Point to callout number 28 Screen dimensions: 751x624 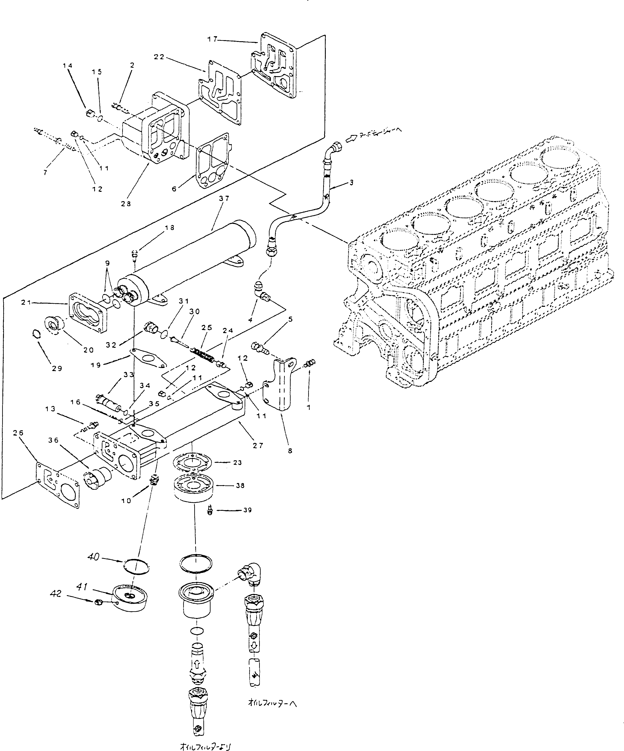[126, 204]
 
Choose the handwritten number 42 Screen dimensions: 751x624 [56, 594]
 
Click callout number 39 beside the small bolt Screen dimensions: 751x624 [247, 510]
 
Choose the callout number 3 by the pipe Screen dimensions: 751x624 [351, 183]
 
